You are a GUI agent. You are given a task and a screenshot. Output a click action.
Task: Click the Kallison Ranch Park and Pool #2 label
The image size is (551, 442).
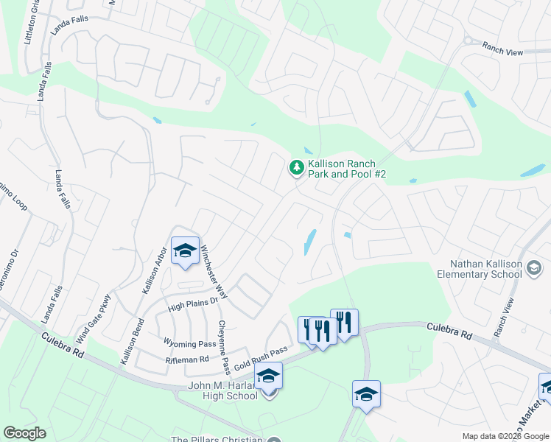(x=342, y=169)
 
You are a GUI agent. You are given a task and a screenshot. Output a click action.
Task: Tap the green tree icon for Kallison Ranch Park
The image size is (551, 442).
(x=297, y=169)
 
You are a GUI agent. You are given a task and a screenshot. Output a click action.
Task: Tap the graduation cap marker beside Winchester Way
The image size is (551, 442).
(x=185, y=250)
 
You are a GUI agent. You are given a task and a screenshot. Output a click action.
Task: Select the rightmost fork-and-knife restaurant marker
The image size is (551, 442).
(x=344, y=322)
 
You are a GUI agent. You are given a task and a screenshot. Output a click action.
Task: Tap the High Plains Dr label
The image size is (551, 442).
(x=194, y=302)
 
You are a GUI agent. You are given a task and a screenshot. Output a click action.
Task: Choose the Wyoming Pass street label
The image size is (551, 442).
(x=189, y=344)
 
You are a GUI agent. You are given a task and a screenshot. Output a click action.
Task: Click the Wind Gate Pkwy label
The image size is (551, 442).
(x=94, y=320)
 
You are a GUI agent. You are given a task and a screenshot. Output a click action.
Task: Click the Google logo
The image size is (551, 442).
(x=24, y=433)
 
